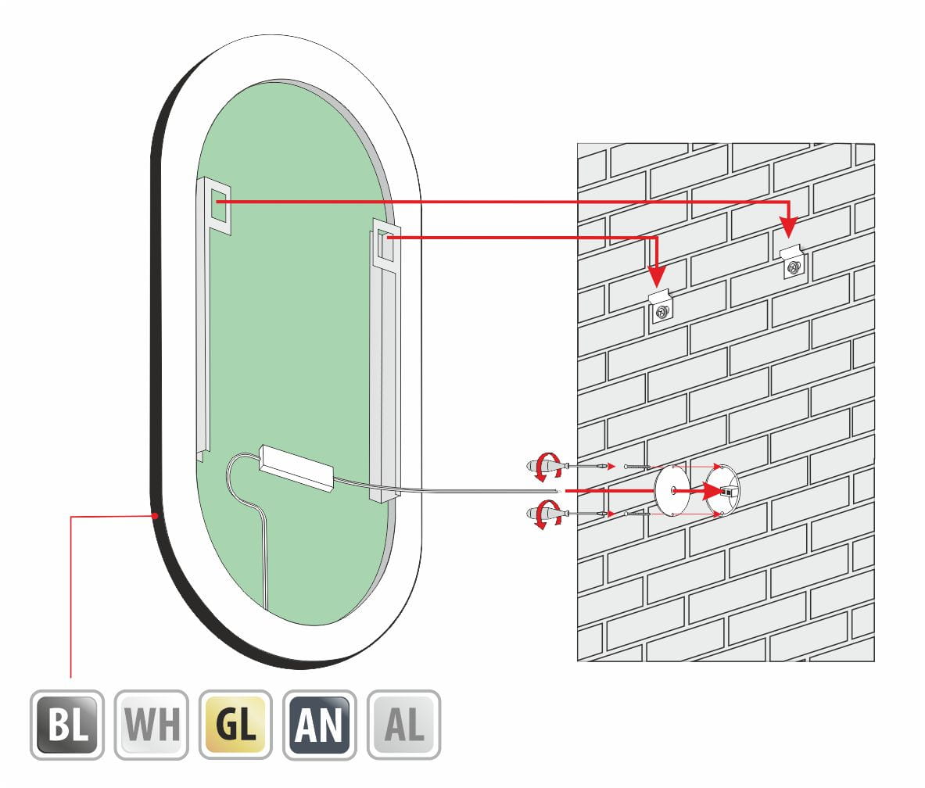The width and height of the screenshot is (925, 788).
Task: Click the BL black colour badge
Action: coord(67,725)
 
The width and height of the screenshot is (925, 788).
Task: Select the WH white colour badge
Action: coord(152,725)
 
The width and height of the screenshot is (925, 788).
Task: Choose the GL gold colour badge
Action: coord(235,725)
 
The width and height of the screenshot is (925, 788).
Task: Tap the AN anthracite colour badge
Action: coord(320,725)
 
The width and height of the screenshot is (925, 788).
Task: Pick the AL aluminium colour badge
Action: coord(403,725)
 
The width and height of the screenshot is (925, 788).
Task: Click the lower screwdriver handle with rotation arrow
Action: coord(541,516)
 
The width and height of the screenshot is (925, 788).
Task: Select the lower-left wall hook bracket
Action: coord(661,306)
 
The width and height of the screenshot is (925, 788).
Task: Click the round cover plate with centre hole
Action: coord(672,491)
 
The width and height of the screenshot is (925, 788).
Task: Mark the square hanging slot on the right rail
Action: coord(383,245)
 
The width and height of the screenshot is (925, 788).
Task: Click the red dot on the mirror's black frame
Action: coord(156,516)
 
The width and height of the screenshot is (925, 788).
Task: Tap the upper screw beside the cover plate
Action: coord(638,467)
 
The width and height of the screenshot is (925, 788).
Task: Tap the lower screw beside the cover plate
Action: coord(638,514)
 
